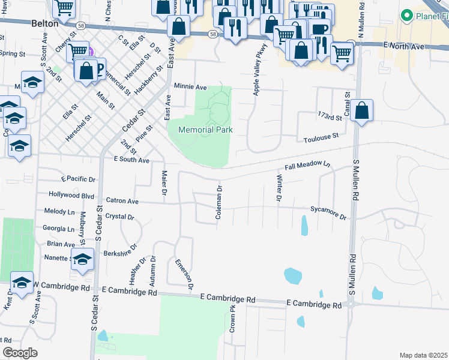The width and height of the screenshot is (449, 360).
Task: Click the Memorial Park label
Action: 205,130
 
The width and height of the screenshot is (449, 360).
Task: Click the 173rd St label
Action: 328,116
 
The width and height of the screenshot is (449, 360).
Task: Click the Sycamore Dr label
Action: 328,212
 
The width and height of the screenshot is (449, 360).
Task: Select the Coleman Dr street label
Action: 219,202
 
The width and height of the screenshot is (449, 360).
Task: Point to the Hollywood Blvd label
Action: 71,195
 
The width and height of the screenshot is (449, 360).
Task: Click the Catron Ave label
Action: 122,201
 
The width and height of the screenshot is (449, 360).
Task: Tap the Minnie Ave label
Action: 190,86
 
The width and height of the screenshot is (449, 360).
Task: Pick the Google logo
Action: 20,353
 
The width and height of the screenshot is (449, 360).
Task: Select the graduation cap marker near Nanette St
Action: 82,260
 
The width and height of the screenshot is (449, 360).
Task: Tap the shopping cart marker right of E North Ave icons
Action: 342,53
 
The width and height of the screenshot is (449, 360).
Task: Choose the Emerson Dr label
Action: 184,274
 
